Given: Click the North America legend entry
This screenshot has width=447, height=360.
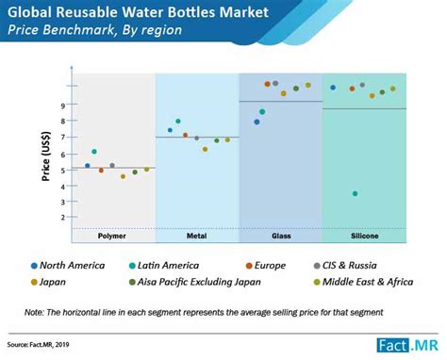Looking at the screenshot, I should coord(67,265).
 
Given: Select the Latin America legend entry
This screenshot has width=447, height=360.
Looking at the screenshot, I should coord(175,265).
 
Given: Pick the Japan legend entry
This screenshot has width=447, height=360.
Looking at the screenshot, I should coord(51,281).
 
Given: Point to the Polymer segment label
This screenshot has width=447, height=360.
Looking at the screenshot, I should coord(112,235).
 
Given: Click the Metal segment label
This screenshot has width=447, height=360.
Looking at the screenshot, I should coord(196,235).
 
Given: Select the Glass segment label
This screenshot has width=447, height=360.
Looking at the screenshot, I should coord(281,235).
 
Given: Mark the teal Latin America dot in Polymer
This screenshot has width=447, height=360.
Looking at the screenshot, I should coord(94,152).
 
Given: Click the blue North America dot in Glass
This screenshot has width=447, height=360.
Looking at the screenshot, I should coord(257,122).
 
